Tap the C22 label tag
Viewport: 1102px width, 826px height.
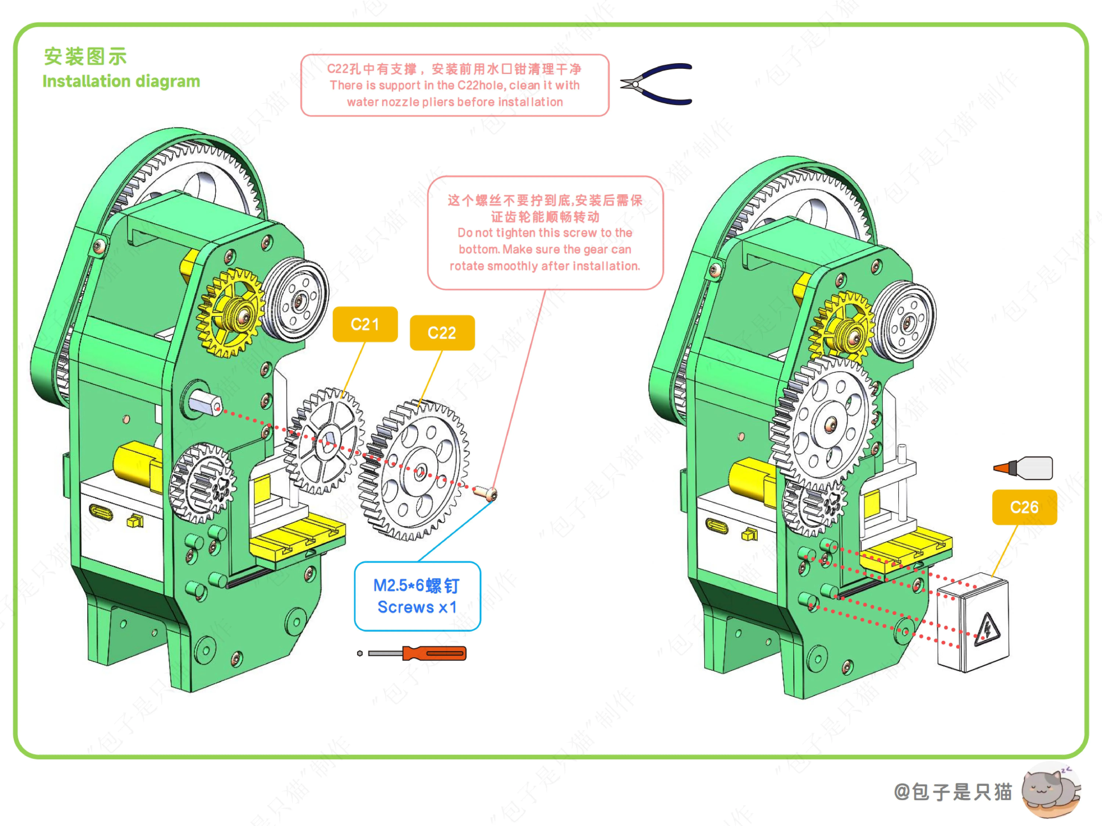(442, 333)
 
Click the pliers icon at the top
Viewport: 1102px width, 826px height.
(657, 84)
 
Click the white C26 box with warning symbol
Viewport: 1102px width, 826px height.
(973, 622)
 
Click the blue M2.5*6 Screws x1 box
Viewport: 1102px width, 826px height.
(417, 596)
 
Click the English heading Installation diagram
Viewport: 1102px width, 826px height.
(121, 81)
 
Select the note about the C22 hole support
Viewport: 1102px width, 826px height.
(454, 85)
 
